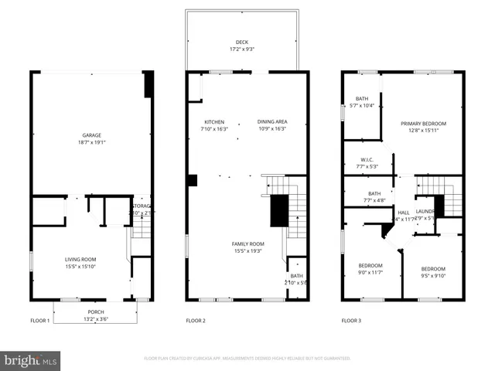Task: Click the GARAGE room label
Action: [x=92, y=135]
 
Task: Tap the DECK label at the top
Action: [x=243, y=43]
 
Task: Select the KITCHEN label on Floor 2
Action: [x=214, y=123]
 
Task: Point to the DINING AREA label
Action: [x=271, y=123]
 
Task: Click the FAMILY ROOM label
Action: [x=247, y=244]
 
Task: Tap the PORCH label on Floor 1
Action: [x=92, y=312]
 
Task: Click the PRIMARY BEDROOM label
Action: [x=423, y=123]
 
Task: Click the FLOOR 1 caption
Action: [x=40, y=320]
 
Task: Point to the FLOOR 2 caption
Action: [x=196, y=320]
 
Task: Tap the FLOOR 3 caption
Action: [x=352, y=320]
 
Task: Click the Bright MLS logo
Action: [x=30, y=359]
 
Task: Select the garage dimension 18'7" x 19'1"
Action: [x=92, y=142]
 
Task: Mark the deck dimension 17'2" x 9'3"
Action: [x=243, y=49]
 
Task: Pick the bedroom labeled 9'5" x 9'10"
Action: [x=433, y=275]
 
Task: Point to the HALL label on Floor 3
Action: [x=403, y=213]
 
